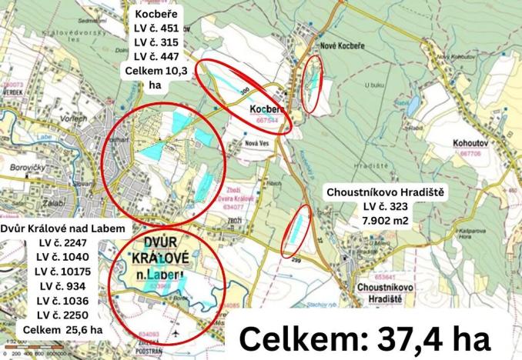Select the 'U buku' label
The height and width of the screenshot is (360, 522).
click(x=375, y=85)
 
